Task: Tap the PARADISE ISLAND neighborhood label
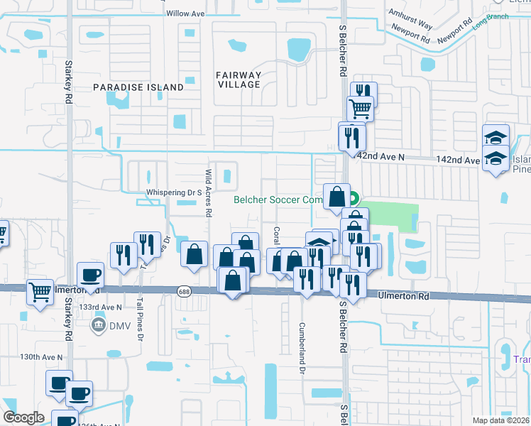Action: [x=138, y=87]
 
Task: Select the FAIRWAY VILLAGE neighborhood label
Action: [x=239, y=80]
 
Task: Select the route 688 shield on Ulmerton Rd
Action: [x=184, y=291]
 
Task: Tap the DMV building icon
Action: [x=98, y=326]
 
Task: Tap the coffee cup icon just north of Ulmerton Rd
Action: [x=90, y=274]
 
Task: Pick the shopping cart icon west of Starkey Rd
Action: [x=40, y=292]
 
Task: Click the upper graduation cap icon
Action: [x=496, y=136]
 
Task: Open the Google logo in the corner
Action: [x=23, y=417]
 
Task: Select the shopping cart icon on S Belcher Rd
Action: [x=361, y=109]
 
